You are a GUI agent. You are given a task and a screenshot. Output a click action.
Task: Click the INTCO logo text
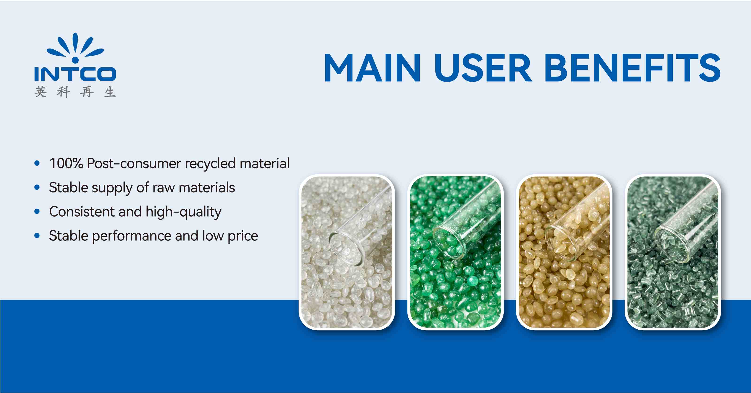click(75, 74)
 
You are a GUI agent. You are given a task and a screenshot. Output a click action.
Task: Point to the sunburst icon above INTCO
click(75, 48)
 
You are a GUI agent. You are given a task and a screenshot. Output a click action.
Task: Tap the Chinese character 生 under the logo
click(110, 92)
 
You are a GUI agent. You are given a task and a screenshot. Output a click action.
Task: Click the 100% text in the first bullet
click(66, 163)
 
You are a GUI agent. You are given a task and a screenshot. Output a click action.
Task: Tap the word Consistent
click(82, 212)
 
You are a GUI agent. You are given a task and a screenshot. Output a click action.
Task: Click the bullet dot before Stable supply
click(37, 187)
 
